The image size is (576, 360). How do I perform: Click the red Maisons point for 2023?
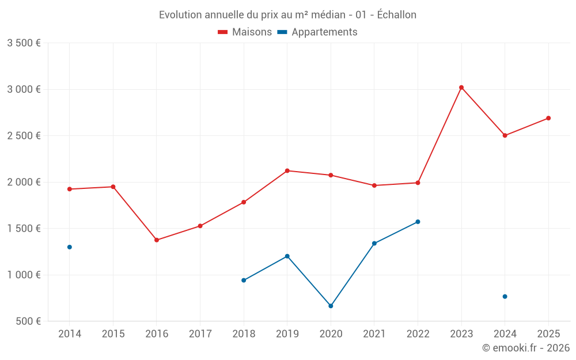[461, 88]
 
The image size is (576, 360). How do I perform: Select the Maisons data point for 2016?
[157, 240]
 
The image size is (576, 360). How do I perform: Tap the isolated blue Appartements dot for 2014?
[70, 247]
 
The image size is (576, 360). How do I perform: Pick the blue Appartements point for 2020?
[331, 306]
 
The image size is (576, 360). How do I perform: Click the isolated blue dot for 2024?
[505, 297]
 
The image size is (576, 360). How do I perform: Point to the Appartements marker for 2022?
[418, 222]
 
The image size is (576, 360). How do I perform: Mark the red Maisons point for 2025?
[548, 118]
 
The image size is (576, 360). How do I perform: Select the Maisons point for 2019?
[287, 170]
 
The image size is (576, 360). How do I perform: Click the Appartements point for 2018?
[244, 281]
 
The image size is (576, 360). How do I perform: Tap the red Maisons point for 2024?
[505, 135]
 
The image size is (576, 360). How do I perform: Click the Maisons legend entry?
[245, 32]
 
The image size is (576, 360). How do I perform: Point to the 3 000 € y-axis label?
[24, 89]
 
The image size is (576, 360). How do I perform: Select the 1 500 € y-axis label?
[24, 229]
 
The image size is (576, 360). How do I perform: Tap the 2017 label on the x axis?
[200, 334]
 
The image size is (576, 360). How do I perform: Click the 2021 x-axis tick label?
[374, 334]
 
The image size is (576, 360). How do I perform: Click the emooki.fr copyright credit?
[525, 348]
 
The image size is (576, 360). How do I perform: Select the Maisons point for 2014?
[70, 189]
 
